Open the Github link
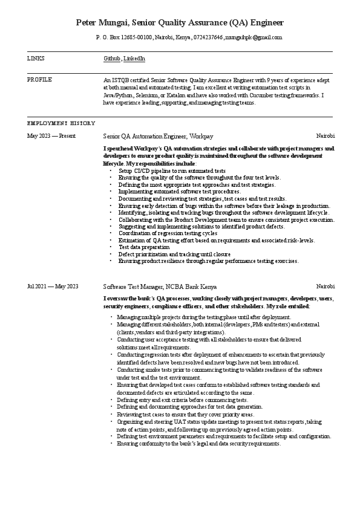tap(112, 59)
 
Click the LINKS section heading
tap(36, 59)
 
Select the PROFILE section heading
tap(39, 79)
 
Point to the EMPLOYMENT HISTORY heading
tap(62, 123)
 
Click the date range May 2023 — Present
tap(51, 136)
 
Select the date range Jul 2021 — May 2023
tap(53, 287)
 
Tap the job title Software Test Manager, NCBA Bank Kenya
tap(160, 287)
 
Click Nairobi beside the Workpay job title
tap(326, 136)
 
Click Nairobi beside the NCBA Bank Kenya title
tap(326, 287)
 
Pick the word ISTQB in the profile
tap(127, 80)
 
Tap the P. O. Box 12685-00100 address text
tap(124, 37)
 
